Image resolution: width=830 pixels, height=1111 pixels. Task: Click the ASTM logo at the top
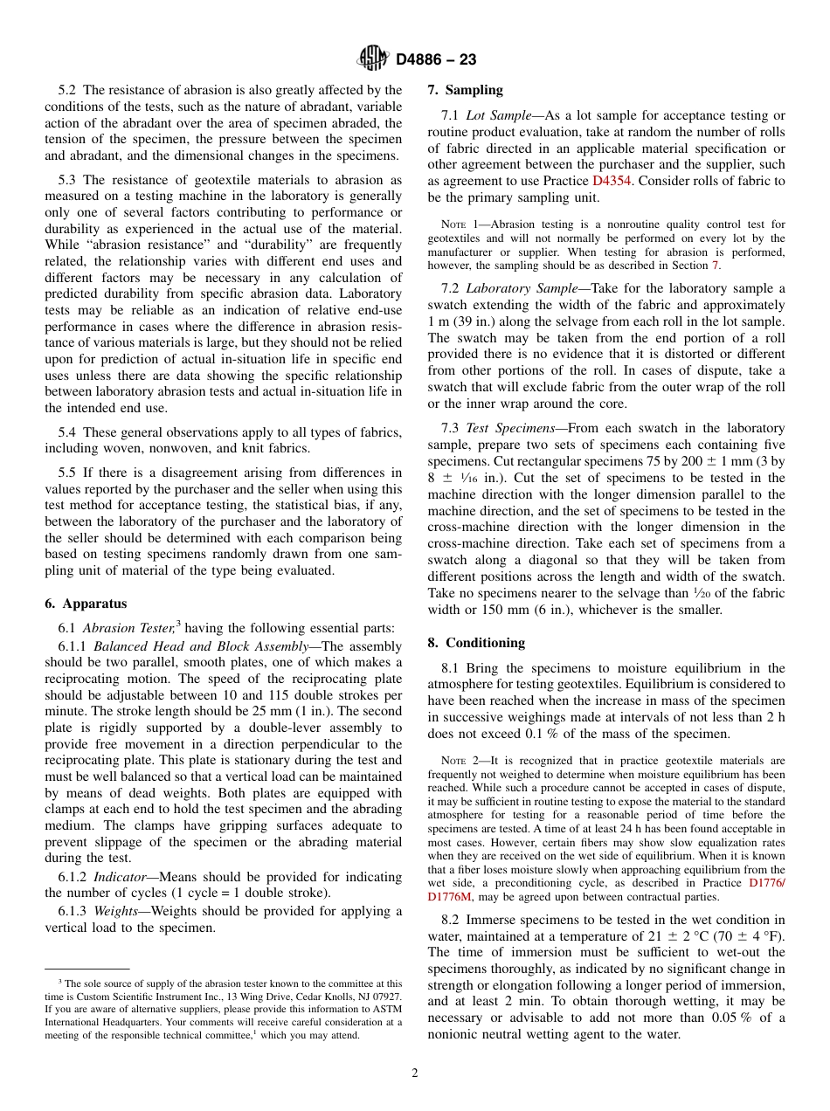[x=374, y=59]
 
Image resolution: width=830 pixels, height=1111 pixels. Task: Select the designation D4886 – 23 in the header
[x=436, y=59]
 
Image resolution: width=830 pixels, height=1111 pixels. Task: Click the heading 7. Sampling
[x=466, y=90]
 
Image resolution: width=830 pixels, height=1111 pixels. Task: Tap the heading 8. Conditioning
[x=476, y=643]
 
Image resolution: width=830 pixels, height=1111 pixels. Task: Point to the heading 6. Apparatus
[x=86, y=604]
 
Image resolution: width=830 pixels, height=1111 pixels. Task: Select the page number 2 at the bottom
[x=415, y=1073]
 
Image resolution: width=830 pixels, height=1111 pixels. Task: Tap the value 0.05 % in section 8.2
[x=732, y=1018]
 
